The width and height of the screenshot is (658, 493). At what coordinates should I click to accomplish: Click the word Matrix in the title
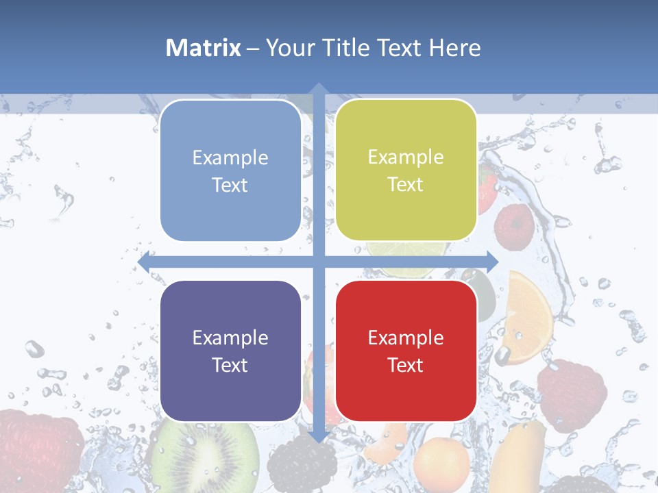(204, 48)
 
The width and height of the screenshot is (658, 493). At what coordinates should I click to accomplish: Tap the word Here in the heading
(455, 48)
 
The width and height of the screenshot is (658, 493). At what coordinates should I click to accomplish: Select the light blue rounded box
(230, 170)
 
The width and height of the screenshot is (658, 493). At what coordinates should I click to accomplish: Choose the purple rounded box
(230, 351)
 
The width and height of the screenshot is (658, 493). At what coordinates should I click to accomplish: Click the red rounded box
(406, 351)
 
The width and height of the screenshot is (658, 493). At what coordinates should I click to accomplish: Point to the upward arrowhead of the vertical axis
(318, 88)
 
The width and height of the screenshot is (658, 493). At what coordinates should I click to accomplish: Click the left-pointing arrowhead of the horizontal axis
(145, 262)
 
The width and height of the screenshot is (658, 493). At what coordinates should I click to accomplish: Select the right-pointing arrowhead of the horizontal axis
(491, 262)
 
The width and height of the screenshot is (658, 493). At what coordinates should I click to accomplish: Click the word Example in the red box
(406, 338)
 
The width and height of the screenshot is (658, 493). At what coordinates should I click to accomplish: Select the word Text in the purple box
(230, 365)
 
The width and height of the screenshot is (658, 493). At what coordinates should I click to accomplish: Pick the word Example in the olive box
(406, 157)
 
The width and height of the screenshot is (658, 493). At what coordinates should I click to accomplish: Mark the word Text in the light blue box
(230, 185)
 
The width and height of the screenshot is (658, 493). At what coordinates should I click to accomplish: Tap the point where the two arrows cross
(318, 262)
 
